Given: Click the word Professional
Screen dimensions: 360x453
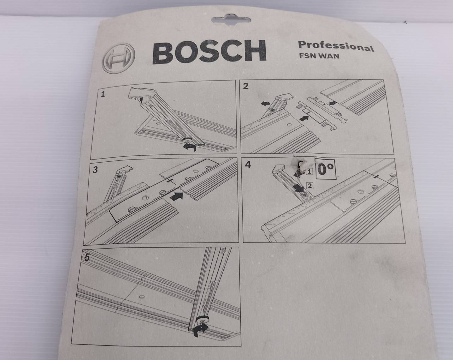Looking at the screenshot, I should (x=336, y=46).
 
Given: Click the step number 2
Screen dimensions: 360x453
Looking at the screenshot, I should (x=246, y=86).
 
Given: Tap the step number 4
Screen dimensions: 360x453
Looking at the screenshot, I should (x=248, y=165).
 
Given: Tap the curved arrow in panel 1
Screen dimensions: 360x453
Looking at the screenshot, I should (x=191, y=146).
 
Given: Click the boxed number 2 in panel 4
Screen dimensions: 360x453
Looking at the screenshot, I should (x=309, y=185).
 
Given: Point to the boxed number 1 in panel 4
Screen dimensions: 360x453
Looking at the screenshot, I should (x=309, y=172).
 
